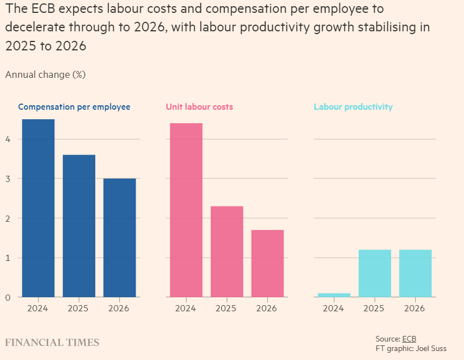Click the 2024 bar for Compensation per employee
click(x=38, y=208)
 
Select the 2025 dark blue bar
click(x=78, y=226)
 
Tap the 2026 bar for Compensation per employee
click(x=119, y=237)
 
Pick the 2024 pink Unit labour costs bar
click(x=186, y=210)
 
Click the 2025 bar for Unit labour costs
click(x=226, y=251)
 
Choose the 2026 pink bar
click(x=267, y=263)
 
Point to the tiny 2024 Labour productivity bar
click(x=334, y=294)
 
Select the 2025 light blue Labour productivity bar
click(x=374, y=273)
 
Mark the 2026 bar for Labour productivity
click(x=415, y=273)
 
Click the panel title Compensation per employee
click(x=74, y=107)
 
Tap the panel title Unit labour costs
click(x=199, y=107)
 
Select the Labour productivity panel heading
click(x=353, y=107)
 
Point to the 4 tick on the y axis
click(x=8, y=139)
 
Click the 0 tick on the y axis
click(x=8, y=297)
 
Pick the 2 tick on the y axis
click(x=8, y=218)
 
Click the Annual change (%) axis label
click(x=45, y=74)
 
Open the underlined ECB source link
click(x=409, y=339)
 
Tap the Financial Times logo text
click(x=52, y=343)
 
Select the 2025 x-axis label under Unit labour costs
click(x=226, y=308)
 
